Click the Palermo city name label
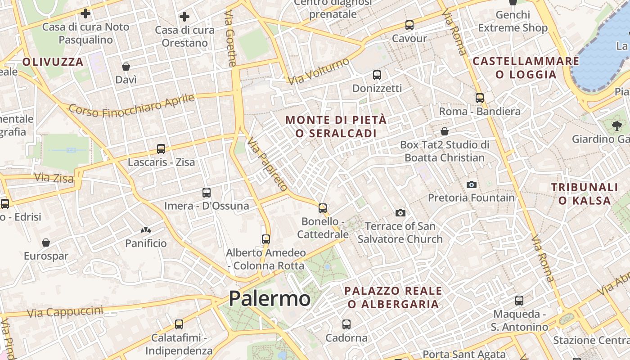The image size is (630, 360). coord(269,299)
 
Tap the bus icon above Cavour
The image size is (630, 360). coord(409,25)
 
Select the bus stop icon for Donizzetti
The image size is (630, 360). coord(377,75)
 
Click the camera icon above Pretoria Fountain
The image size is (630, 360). coord(471,184)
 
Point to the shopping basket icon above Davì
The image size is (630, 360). coord(126,67)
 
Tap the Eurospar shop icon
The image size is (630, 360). coord(46,243)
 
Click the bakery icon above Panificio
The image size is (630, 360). coord(145,230)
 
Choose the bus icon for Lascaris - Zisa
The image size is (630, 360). coord(161,149)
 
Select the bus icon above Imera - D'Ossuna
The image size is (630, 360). coord(207,193)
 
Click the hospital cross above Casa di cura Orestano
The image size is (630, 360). coord(184,17)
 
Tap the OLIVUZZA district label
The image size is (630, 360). coord(53,62)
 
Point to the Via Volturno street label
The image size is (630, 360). coord(319,71)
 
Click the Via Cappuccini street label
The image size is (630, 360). coord(65,311)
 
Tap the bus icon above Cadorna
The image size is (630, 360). coord(346,324)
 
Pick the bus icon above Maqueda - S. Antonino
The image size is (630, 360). coord(519,301)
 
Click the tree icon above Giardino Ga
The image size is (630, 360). coord(616,126)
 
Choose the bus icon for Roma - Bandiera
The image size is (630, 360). coord(480,98)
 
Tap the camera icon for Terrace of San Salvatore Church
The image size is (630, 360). coord(400,213)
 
